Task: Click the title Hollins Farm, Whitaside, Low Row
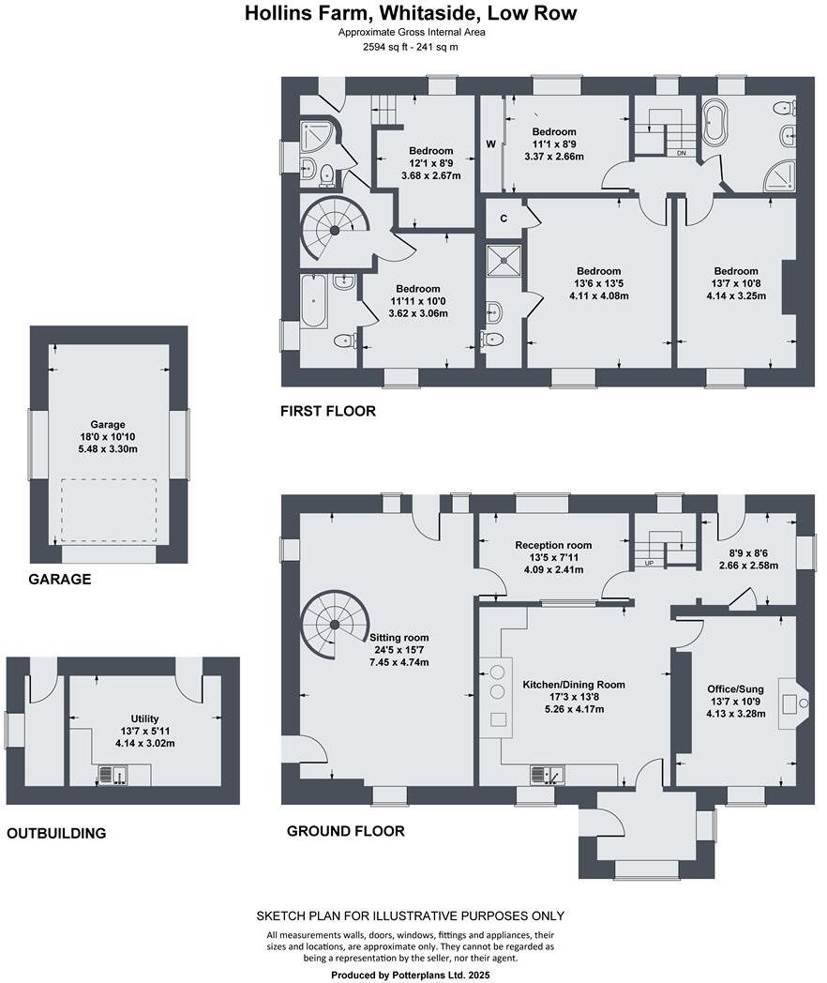[411, 13]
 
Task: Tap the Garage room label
[108, 424]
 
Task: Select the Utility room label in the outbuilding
[144, 718]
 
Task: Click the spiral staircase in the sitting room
[335, 625]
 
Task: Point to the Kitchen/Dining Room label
[574, 685]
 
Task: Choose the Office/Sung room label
[735, 689]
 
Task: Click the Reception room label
[553, 545]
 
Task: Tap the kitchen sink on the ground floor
[548, 775]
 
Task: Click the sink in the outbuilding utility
[113, 776]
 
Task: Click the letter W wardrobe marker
[491, 144]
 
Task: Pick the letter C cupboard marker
[504, 219]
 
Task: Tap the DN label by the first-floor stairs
[681, 153]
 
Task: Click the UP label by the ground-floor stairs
[649, 563]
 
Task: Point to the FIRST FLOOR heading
[328, 411]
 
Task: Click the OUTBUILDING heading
[56, 833]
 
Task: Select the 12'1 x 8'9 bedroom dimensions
[431, 163]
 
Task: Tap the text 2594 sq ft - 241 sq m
[411, 47]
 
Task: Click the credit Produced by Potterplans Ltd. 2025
[411, 975]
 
